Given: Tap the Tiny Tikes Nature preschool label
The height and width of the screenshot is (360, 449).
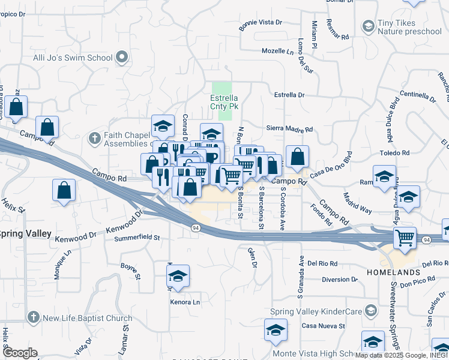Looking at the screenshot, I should pos(409,27).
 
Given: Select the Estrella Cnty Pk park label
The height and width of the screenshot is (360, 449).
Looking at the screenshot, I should pos(224,102).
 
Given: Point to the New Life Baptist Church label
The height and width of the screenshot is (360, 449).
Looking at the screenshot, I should pos(88,318).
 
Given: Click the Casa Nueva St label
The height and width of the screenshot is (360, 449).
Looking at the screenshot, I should pos(323,326).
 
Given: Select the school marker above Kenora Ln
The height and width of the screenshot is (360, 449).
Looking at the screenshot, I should pos(178,277).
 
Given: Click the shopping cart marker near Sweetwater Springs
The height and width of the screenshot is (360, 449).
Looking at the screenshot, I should pos(405,238).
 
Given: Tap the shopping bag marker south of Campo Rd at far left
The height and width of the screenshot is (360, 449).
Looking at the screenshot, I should pos(64,191).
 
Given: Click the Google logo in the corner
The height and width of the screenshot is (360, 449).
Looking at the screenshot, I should pos(20,353).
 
